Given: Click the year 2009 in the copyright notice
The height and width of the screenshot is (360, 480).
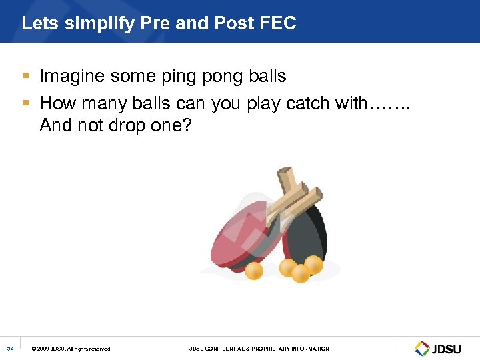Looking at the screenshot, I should pos(45,349).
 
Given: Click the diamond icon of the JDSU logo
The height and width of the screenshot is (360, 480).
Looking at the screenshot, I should pos(422,348).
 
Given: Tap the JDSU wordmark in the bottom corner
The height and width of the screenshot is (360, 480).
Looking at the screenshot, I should pos(447,349).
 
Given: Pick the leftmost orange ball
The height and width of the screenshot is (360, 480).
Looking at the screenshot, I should pos(254,270).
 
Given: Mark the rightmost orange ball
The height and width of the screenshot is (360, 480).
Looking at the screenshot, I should pos(313,265).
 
